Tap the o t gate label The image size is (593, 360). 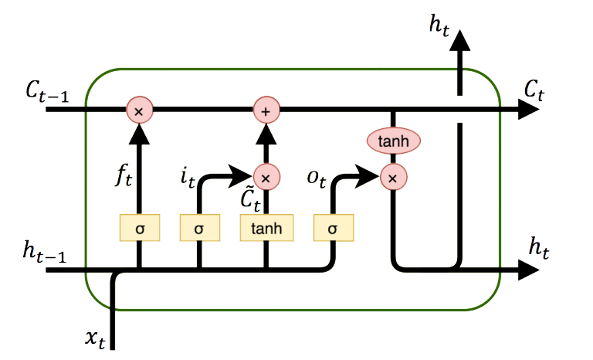click(316, 178)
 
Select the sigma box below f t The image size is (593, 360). click(140, 228)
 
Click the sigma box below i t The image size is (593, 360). click(199, 228)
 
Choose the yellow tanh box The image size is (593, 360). click(266, 228)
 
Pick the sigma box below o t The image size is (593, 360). click(333, 228)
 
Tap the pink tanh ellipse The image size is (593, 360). click(393, 141)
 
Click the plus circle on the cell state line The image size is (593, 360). click(266, 111)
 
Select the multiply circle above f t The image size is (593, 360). click(140, 111)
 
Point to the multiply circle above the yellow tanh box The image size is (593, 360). click(266, 178)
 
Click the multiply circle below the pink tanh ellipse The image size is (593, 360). click(393, 178)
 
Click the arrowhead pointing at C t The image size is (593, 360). click(530, 111)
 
